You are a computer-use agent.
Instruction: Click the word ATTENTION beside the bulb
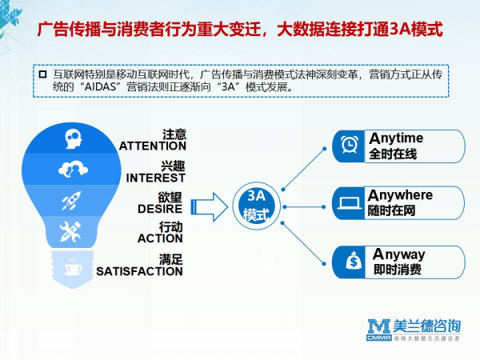tap(153, 146)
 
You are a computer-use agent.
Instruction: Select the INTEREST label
tap(156, 178)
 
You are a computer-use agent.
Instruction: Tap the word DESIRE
tap(160, 209)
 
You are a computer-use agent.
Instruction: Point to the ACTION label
tap(160, 238)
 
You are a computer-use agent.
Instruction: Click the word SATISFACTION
tap(139, 271)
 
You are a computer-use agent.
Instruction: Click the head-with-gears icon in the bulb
tap(74, 138)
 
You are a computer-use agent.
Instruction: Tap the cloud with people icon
tap(73, 169)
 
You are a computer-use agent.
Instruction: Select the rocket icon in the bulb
tap(72, 201)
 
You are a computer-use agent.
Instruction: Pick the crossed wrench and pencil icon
tap(70, 231)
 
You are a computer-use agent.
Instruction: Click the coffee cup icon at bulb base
tap(74, 267)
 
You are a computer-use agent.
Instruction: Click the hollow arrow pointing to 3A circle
tap(210, 207)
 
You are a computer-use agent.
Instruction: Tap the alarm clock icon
tap(350, 144)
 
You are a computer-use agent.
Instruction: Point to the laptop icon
tap(350, 203)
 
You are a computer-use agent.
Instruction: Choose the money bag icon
tap(354, 261)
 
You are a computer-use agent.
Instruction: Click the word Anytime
tap(396, 138)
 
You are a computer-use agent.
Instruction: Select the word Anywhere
tap(401, 195)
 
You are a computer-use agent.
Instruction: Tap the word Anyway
tap(399, 254)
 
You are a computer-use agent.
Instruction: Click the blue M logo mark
tap(379, 326)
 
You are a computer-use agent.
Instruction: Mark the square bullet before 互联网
tap(43, 74)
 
